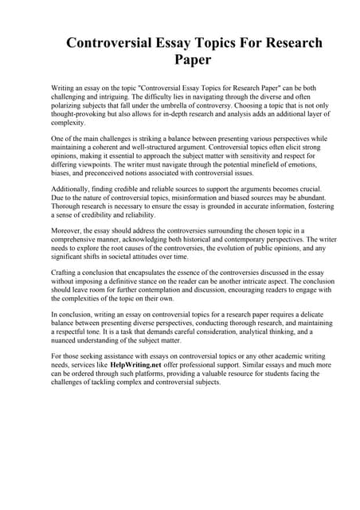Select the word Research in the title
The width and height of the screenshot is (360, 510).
coord(284,42)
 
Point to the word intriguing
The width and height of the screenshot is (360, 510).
coord(112,94)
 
